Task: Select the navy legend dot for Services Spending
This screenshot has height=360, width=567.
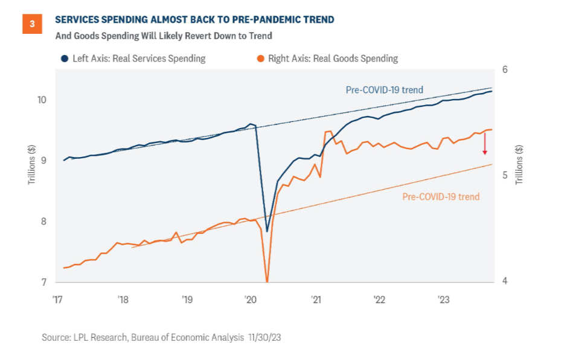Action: tap(64, 59)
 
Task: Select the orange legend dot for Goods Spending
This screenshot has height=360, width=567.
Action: tap(260, 59)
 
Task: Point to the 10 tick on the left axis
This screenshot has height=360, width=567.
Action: tap(40, 100)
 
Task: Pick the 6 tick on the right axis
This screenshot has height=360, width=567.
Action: tap(504, 69)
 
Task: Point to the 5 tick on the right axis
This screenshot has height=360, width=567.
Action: tap(504, 176)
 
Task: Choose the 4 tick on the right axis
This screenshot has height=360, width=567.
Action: tap(504, 281)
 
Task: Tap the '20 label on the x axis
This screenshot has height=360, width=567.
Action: tap(249, 300)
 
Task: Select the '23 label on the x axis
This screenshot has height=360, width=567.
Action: tap(443, 300)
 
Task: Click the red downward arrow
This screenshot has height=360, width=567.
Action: tap(484, 144)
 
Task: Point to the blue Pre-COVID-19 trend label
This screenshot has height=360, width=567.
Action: tap(384, 90)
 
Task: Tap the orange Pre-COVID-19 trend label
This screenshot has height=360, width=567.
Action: tap(441, 197)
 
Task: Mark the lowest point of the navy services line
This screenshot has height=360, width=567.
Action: tap(267, 231)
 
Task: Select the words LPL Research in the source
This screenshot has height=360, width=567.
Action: tap(99, 337)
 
